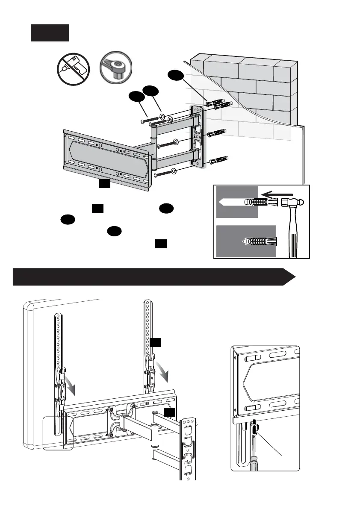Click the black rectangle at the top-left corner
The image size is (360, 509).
(x=50, y=32)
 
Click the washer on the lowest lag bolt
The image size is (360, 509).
(x=174, y=171)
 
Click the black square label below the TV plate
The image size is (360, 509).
(x=105, y=184)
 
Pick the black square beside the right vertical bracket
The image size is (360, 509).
(x=156, y=343)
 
